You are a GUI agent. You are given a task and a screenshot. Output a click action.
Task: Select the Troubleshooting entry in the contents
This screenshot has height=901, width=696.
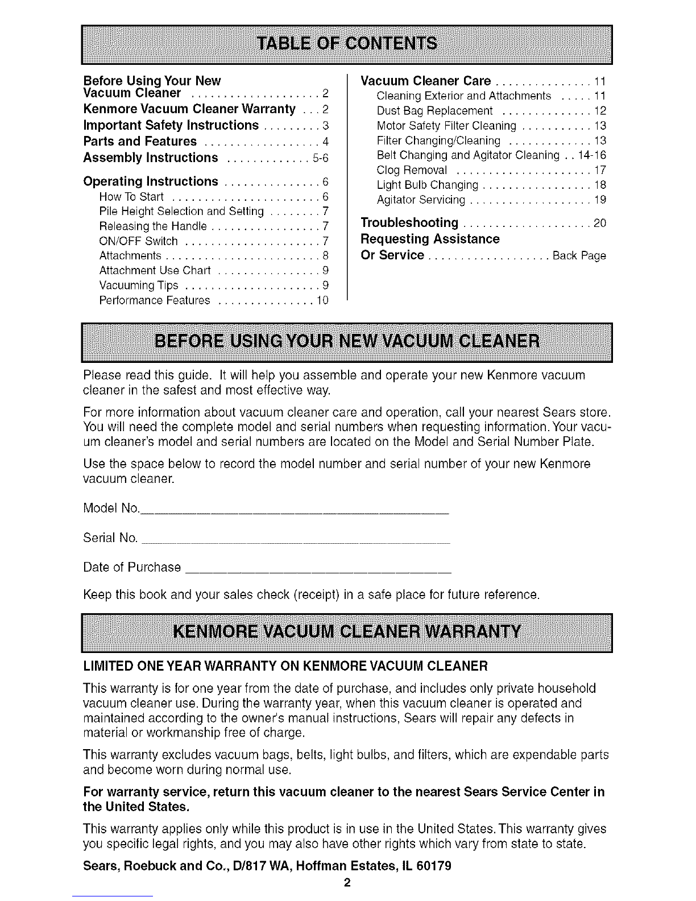[410, 222]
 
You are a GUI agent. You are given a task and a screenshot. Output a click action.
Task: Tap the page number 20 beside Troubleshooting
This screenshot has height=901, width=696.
[600, 223]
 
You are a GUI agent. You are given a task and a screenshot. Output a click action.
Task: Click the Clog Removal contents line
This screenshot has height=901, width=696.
[412, 170]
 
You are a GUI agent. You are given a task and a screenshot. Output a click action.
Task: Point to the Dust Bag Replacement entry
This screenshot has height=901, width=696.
[435, 111]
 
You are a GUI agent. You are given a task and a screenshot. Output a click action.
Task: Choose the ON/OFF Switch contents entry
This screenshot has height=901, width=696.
[138, 241]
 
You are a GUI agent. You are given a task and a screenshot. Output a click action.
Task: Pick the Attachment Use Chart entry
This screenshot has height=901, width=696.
[155, 270]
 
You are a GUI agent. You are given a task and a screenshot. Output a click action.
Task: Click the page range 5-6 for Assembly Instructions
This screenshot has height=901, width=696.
[321, 158]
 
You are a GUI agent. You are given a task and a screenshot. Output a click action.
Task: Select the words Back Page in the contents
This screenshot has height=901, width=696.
[579, 256]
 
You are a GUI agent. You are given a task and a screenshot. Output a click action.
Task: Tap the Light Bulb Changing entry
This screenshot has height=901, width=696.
[427, 185]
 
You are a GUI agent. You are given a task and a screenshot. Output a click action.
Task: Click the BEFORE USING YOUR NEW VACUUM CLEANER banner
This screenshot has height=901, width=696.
[347, 342]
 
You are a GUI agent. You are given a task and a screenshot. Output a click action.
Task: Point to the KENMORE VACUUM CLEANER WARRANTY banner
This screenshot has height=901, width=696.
[347, 633]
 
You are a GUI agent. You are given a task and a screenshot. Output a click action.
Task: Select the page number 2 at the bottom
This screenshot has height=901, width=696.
[347, 883]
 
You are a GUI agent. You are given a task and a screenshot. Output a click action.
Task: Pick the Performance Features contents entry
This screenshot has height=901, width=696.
[155, 300]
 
